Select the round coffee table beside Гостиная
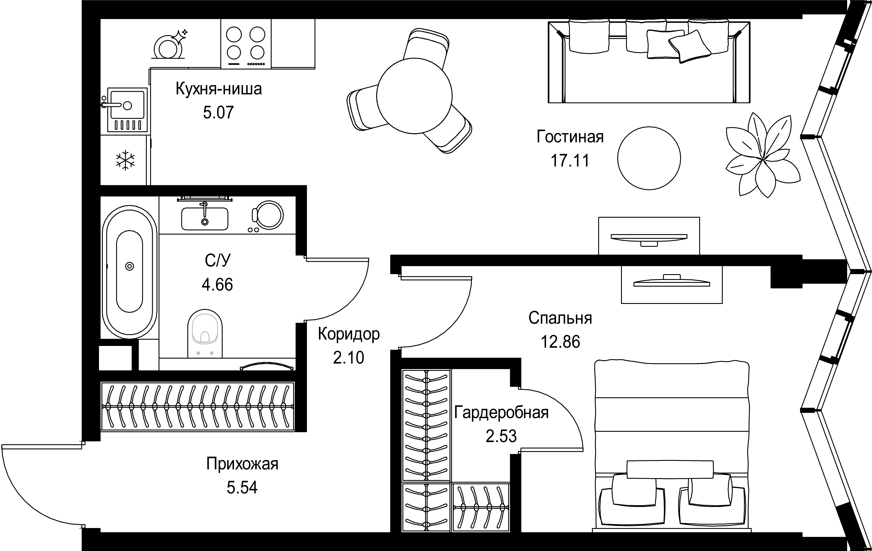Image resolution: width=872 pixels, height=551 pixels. point(649,158)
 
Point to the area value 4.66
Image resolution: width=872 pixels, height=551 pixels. point(217,285)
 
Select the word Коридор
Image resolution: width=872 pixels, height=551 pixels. point(349,334)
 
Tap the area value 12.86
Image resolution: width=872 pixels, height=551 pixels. point(560,342)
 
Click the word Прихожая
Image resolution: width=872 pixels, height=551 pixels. point(242,464)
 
